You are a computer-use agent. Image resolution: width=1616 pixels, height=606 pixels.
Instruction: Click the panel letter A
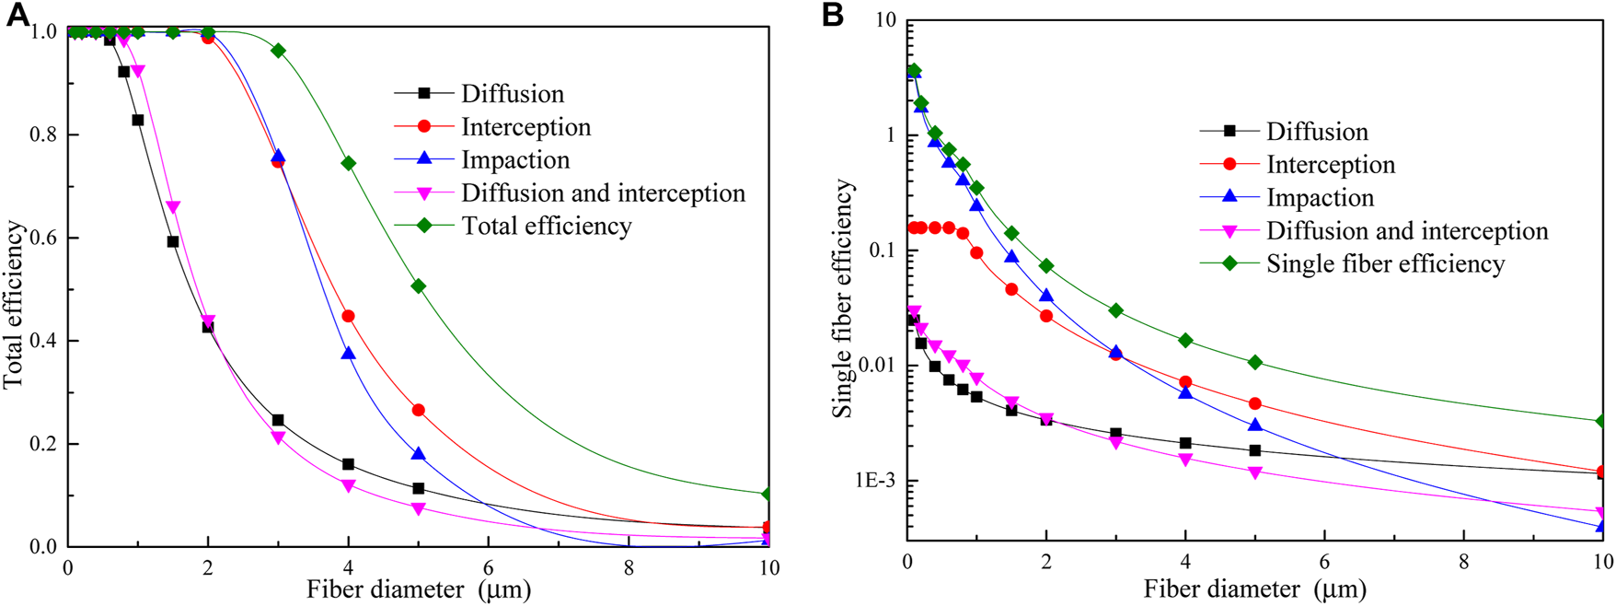pos(18,16)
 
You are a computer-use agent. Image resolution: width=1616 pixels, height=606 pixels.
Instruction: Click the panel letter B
pos(832,16)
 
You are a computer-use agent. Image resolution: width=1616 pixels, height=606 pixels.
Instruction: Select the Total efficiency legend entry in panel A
pos(546,227)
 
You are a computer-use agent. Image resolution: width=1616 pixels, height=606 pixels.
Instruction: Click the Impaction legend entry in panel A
pos(514,160)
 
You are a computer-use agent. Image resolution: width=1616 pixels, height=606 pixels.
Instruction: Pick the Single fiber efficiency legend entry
pos(1384,264)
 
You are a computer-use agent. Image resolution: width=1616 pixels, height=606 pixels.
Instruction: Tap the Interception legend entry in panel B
pos(1330,165)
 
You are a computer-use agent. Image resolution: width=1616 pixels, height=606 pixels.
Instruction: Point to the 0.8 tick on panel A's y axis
pos(42,134)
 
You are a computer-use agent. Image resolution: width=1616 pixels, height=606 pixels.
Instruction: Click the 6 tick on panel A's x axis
pos(488,567)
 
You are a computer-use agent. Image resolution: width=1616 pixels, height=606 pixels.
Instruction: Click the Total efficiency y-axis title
pos(14,304)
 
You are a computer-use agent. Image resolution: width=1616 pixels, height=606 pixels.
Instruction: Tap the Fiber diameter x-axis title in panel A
pos(419,589)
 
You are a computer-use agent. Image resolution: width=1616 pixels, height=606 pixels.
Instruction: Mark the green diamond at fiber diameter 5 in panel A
pos(419,286)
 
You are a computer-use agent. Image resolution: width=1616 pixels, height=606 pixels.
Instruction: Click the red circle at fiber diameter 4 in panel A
pos(348,316)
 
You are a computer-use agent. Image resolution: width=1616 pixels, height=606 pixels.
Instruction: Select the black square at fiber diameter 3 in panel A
pos(278,420)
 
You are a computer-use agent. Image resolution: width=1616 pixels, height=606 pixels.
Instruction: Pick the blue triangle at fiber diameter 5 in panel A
pos(419,454)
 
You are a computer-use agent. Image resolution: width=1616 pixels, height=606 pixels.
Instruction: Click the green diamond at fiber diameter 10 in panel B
pos(1602,421)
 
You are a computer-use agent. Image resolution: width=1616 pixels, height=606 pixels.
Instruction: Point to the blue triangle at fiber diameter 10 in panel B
pos(1602,527)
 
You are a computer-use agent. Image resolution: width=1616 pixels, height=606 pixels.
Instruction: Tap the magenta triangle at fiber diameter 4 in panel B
pos(1185,459)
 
